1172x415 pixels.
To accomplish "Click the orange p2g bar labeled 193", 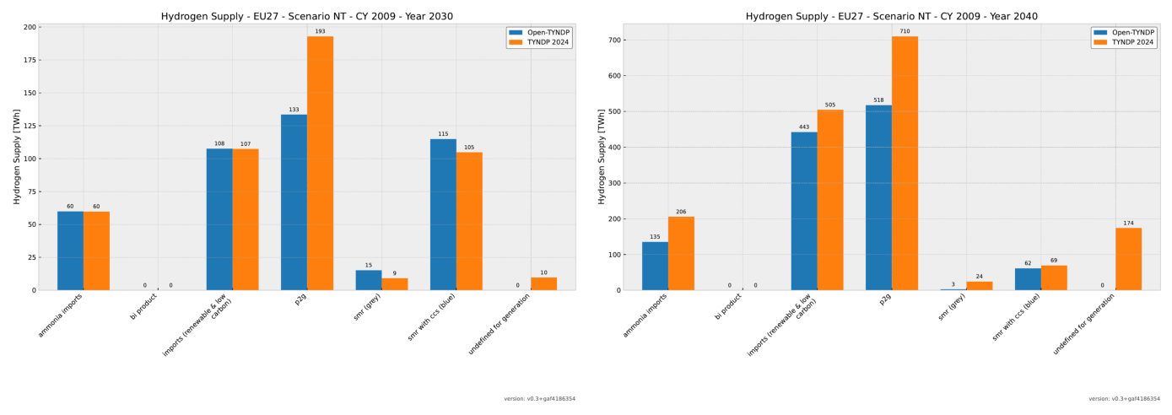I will click(x=320, y=163).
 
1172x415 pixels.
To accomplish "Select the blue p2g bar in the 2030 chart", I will click(x=294, y=202).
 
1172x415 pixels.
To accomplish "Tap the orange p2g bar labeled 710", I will click(x=905, y=163).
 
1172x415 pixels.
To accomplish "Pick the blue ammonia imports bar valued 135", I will click(x=655, y=266).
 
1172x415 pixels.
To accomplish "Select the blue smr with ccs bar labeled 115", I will click(x=443, y=214).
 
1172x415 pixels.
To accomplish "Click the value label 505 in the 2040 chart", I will click(x=830, y=105).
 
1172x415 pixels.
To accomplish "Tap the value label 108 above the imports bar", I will click(x=219, y=144).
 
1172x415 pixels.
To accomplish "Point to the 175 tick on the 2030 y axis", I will click(x=30, y=60).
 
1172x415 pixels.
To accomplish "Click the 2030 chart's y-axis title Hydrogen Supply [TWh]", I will click(x=17, y=157).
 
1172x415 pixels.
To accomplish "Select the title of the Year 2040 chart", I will click(x=891, y=16).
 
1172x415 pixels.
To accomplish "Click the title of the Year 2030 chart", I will click(x=307, y=16).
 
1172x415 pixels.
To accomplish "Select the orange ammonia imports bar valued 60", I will click(x=96, y=251).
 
